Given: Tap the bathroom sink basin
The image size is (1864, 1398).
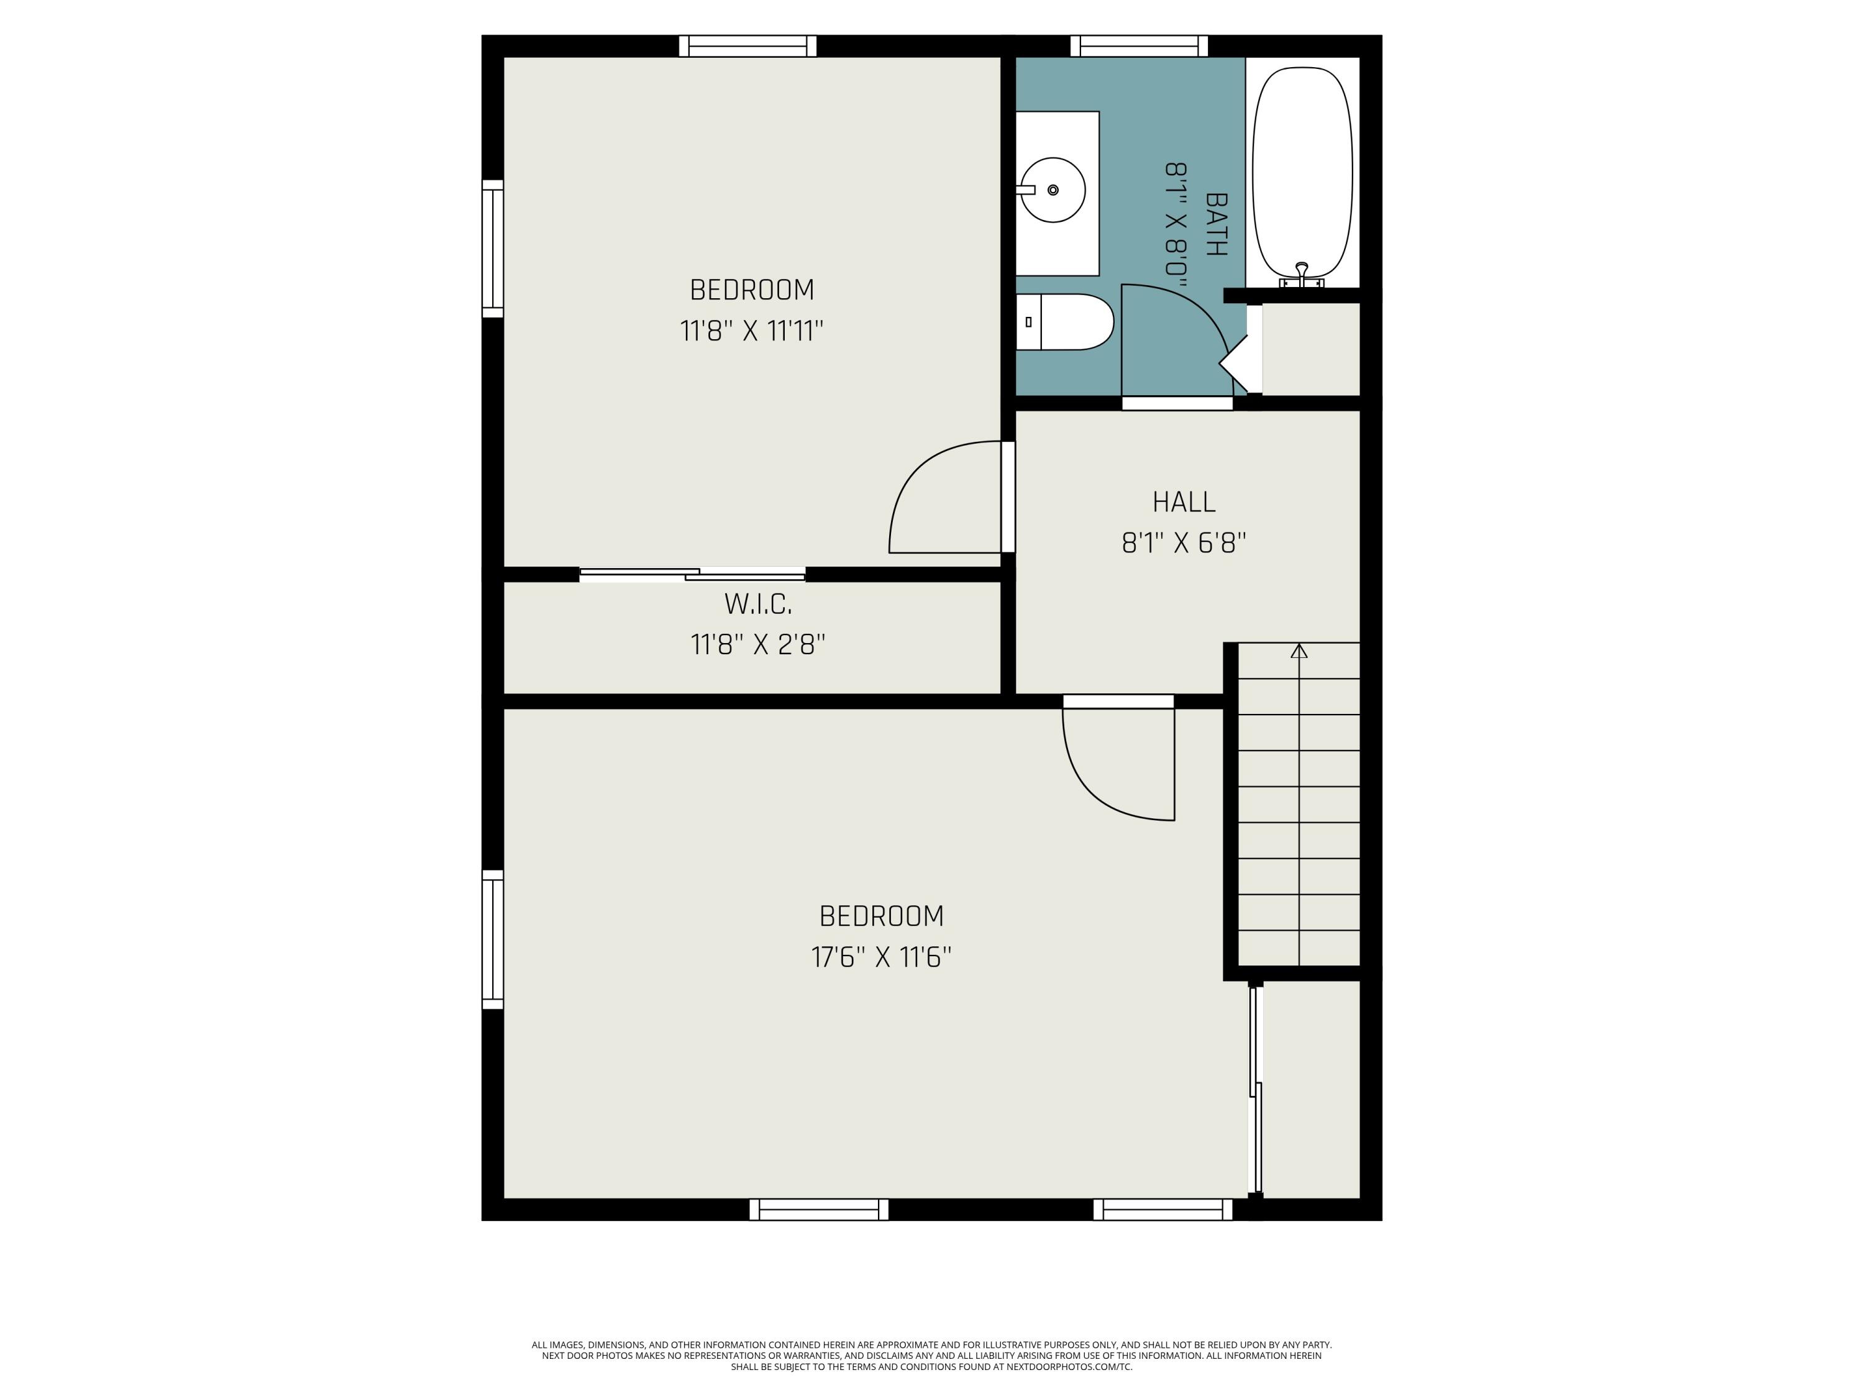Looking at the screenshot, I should pyautogui.click(x=1053, y=191).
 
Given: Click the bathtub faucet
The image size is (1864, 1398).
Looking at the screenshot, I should pyautogui.click(x=1302, y=272).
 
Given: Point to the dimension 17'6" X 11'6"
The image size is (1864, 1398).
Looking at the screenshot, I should pyautogui.click(x=882, y=957).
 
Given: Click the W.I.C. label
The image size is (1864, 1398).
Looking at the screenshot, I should pyautogui.click(x=757, y=604).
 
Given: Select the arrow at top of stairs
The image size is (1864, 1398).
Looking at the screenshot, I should pyautogui.click(x=1299, y=651).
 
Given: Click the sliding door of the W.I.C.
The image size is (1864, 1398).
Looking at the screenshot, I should pyautogui.click(x=693, y=575).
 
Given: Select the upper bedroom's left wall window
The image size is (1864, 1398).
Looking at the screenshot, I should pyautogui.click(x=493, y=249).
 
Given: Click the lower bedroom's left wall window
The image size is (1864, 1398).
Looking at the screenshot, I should pyautogui.click(x=493, y=939).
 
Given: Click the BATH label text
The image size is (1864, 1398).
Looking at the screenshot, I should pyautogui.click(x=1216, y=224).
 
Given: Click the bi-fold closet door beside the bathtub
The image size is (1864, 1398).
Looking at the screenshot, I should pyautogui.click(x=1235, y=362).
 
